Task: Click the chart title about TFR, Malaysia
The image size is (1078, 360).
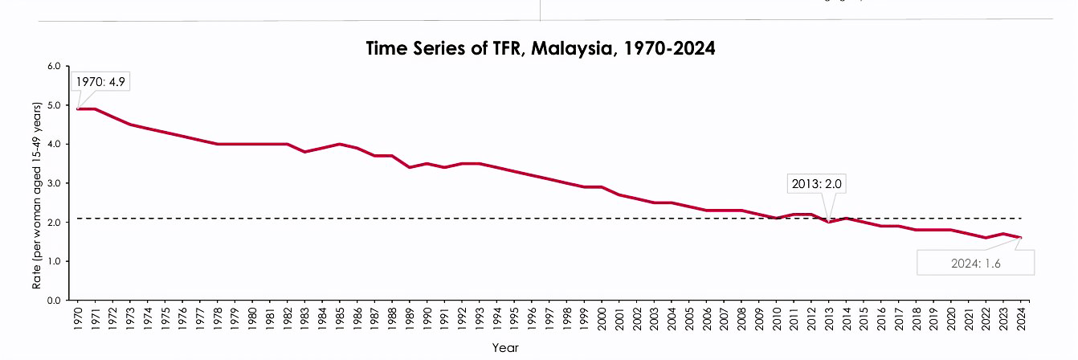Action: [540, 48]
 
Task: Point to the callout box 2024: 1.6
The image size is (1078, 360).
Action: [975, 263]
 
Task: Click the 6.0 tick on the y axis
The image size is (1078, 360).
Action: [55, 66]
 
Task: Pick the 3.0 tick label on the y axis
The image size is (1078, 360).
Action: [55, 183]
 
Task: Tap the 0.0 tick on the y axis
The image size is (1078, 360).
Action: [55, 301]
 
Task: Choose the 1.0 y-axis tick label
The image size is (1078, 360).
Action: [55, 262]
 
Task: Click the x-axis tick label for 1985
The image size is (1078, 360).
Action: [341, 317]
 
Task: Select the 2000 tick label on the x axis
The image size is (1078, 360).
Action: [602, 317]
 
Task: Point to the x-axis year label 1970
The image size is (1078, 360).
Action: [78, 317]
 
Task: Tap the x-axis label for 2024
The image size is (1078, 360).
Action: [1021, 317]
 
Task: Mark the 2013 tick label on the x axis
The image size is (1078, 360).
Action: [829, 317]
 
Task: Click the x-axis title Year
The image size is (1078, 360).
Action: [506, 348]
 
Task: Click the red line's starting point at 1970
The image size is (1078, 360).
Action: [78, 109]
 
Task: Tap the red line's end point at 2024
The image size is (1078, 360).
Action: [1021, 238]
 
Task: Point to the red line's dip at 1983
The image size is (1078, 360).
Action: [305, 152]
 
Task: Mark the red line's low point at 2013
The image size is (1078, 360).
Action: [829, 222]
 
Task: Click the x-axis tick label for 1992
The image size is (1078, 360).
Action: [463, 317]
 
